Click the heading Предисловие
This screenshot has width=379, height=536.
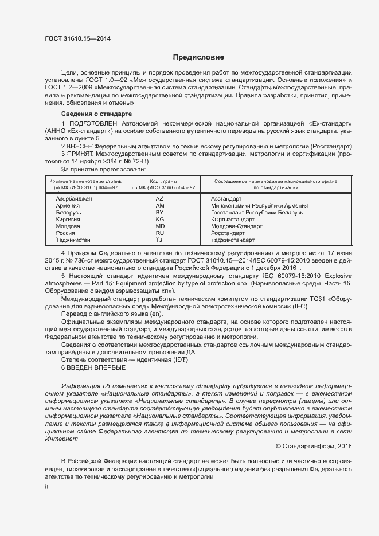coord(199,57)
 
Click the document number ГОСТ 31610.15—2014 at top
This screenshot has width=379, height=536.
coord(77,38)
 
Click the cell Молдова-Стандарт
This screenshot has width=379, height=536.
coord(236,226)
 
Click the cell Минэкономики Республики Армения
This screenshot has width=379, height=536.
coord(259,205)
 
